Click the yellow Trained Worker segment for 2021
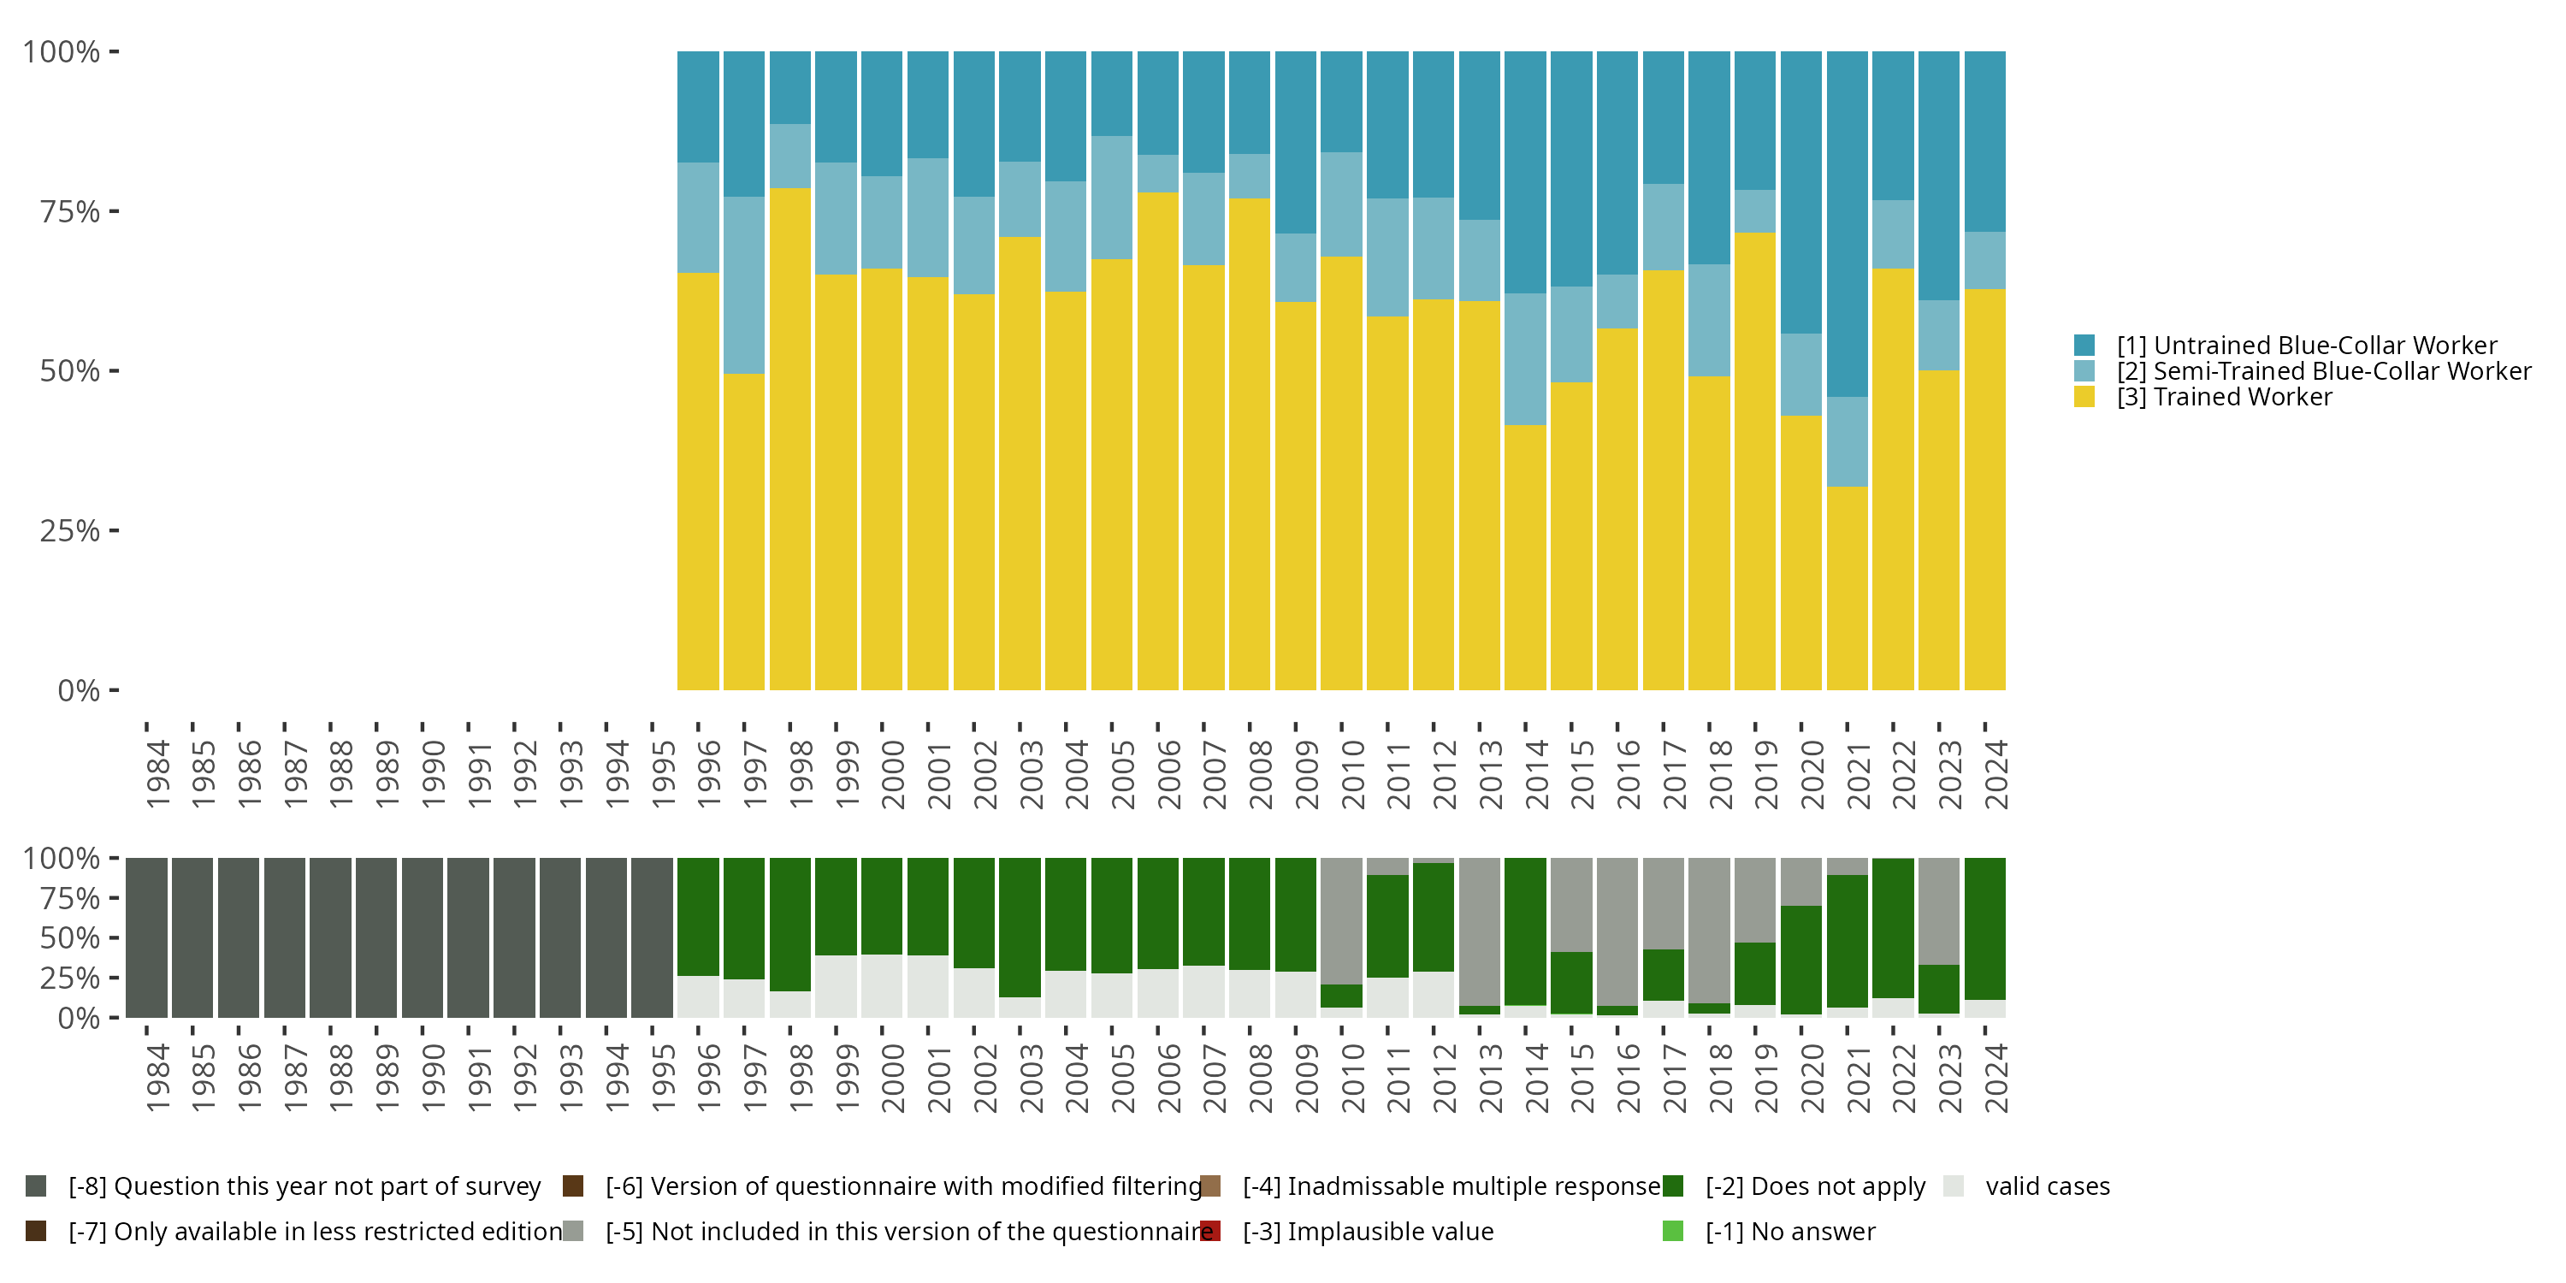1847,588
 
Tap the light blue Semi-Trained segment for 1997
744,285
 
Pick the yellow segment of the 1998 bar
790,438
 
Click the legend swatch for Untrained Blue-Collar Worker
2084,346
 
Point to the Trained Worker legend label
2223,398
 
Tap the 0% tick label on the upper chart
79,690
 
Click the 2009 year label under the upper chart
1306,774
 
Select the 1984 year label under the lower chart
157,1078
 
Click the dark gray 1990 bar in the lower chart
423,937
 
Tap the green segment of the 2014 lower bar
1525,931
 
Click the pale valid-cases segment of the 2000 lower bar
882,986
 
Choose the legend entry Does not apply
1815,1186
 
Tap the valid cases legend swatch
1954,1186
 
